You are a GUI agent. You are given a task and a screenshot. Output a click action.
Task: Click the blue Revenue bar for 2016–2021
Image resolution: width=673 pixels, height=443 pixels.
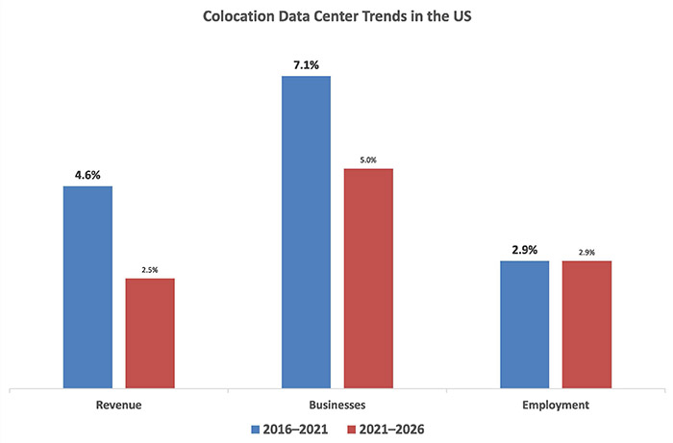[87, 287]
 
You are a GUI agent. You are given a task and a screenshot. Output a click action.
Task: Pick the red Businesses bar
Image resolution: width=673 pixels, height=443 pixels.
[368, 279]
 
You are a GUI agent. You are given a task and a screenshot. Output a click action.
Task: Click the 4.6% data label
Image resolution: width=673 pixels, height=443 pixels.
[87, 176]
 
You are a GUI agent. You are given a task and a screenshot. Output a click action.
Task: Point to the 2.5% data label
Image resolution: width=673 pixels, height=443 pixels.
[151, 270]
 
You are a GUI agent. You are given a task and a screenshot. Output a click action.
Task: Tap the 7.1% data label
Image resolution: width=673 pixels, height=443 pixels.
[306, 65]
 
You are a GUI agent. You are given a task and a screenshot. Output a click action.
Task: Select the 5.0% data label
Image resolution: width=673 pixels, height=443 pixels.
[369, 160]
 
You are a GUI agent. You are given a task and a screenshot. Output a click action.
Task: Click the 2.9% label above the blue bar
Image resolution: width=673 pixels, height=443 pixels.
[524, 251]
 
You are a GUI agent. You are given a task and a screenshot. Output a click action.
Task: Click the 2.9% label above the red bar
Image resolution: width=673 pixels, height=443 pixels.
[587, 253]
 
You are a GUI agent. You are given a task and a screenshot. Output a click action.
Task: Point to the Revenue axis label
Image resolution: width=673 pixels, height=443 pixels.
[119, 405]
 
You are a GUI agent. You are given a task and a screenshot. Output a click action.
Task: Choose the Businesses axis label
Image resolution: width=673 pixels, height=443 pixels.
[337, 405]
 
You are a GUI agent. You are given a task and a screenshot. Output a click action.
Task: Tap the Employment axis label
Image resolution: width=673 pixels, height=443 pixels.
[556, 405]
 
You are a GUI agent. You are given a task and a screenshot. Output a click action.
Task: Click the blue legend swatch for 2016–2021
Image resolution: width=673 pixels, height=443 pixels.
[255, 428]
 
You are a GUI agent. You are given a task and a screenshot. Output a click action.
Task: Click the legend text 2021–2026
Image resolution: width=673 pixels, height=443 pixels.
[391, 428]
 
